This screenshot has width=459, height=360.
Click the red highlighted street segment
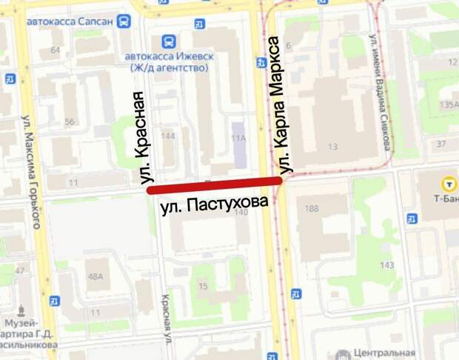[215, 184]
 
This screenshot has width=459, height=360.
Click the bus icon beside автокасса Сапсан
[124, 21]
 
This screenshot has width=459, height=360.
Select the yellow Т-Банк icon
[447, 182]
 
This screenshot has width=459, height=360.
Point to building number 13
[332, 146]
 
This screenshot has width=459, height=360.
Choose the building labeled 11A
[238, 139]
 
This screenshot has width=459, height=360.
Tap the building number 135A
[448, 104]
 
